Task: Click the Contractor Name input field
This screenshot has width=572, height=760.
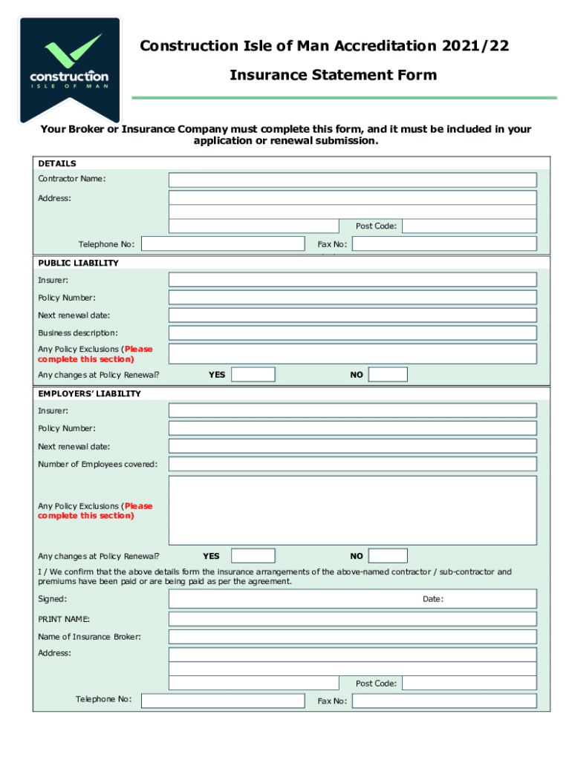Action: [352, 180]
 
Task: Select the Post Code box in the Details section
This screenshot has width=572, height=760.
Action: [469, 226]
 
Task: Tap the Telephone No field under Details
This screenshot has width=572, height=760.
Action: [223, 244]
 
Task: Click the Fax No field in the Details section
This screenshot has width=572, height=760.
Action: [444, 244]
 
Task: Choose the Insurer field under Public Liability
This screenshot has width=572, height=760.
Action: [352, 280]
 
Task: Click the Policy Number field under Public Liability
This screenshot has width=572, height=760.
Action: [352, 298]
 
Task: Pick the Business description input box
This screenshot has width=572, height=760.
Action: [352, 333]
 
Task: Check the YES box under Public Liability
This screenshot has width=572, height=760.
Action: [253, 375]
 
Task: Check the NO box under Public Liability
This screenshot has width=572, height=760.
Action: [388, 375]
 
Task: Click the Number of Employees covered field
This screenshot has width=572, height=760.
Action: [352, 464]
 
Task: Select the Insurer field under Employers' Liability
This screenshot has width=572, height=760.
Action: [352, 410]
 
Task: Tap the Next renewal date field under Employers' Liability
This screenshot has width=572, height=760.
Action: [352, 446]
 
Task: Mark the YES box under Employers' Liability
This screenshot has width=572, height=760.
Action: [253, 556]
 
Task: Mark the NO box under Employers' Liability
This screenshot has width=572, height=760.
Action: [388, 556]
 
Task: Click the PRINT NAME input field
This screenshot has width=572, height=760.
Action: [352, 619]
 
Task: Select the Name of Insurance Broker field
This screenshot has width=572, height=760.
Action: [352, 637]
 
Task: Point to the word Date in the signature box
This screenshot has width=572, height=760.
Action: [433, 599]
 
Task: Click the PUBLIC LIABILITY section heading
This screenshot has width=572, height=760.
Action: [79, 263]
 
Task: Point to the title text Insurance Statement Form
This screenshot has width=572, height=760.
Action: [333, 75]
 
